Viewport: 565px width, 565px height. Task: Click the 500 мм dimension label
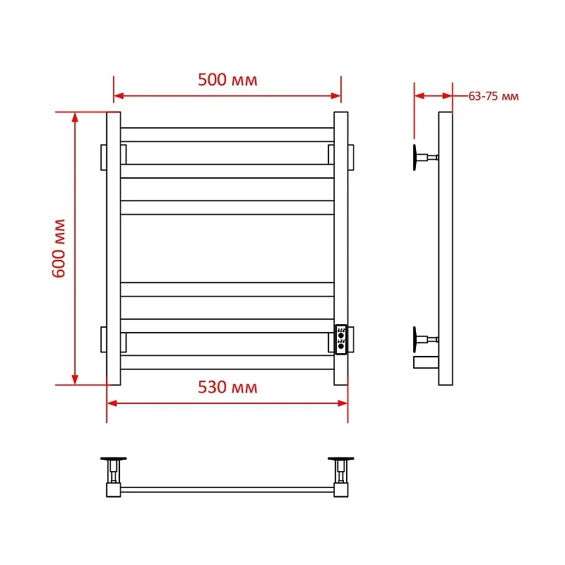(x=227, y=80)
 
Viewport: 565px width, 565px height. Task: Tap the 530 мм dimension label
(x=227, y=387)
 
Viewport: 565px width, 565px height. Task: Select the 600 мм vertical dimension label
(x=59, y=249)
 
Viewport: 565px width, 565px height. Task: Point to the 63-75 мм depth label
(x=493, y=96)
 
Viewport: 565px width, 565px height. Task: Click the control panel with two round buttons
(x=341, y=340)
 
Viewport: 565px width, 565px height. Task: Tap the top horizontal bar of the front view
(x=227, y=135)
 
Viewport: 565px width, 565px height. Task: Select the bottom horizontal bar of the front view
(x=227, y=362)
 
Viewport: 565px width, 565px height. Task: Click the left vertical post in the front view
(x=114, y=249)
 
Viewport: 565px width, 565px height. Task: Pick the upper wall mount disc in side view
(x=415, y=157)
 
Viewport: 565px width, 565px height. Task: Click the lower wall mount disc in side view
(x=415, y=340)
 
